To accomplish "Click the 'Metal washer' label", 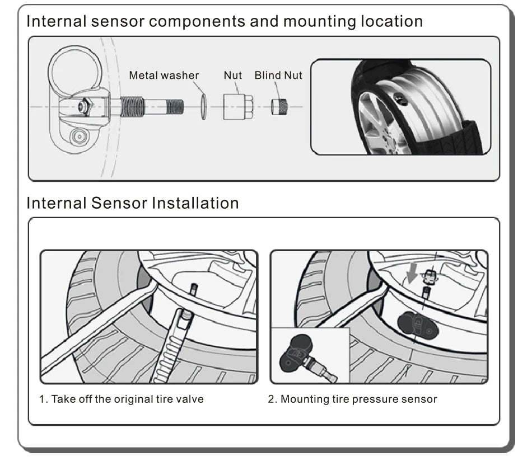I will pos(164,75).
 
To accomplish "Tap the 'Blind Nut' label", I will pos(278,75).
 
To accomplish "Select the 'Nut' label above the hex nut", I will pos(233,75).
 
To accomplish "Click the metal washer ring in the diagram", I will pos(204,106).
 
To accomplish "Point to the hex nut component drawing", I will pos(237,106).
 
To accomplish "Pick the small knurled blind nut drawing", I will pos(279,106).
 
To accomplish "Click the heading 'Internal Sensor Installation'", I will pos(133,203).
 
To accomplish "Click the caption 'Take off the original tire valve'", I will pos(127,399).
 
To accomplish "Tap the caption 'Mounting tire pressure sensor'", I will pos(358,399).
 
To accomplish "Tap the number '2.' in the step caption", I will pos(272,399).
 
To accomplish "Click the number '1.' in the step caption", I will pos(43,399).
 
